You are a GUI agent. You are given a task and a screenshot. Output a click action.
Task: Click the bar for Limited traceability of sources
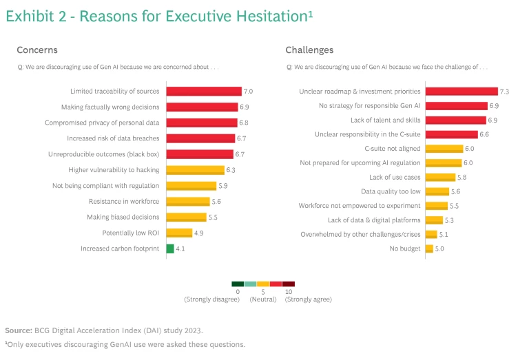click(203, 92)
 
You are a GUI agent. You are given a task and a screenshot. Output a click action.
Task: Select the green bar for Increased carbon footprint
click(169, 248)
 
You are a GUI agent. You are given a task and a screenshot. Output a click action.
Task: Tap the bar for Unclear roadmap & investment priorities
click(461, 92)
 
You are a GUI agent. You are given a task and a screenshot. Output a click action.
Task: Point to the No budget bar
click(429, 248)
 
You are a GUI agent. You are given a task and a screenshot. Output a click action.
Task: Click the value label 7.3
click(504, 92)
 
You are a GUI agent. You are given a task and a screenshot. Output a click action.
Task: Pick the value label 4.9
click(199, 233)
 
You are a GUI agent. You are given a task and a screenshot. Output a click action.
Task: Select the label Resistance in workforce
click(124, 202)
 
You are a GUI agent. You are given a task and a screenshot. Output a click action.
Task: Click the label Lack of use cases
click(395, 177)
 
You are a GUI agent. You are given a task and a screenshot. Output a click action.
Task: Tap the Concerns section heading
click(37, 50)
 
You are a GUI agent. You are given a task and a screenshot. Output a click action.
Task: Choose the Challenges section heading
click(309, 50)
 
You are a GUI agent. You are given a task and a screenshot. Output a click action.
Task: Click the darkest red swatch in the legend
click(289, 284)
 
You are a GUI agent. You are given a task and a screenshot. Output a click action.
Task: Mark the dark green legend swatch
click(238, 284)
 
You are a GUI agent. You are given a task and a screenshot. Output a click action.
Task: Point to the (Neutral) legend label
click(263, 299)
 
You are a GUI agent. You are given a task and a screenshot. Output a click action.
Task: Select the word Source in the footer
click(18, 330)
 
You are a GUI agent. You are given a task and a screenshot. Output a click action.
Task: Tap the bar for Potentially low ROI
click(179, 233)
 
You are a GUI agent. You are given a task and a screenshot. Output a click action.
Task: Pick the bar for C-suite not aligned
click(444, 149)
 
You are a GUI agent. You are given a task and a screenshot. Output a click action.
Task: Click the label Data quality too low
click(391, 191)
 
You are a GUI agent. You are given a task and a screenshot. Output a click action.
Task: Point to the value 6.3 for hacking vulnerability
click(231, 170)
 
